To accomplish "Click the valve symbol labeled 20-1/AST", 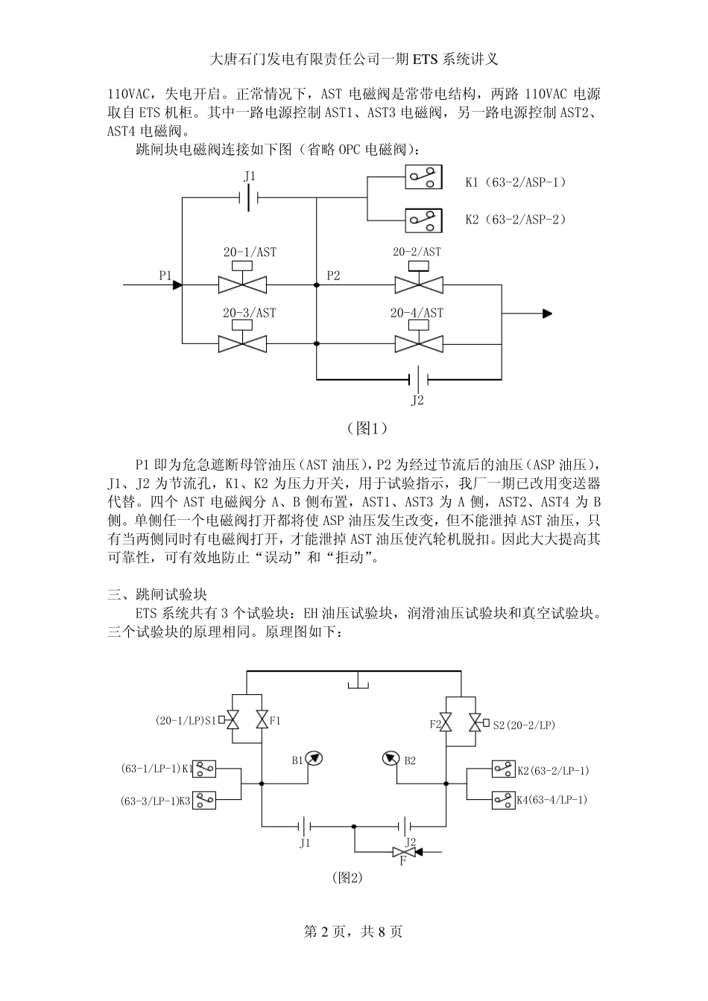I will (242, 284).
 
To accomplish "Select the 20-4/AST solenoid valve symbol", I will (418, 343).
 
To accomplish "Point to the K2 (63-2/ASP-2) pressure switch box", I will (423, 220).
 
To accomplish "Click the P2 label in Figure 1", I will (333, 276).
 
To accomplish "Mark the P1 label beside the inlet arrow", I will (165, 276).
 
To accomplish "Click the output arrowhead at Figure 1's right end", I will (547, 314).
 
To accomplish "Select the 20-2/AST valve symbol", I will (418, 284).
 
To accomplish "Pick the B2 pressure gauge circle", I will (391, 758).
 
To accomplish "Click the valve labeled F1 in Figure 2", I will (262, 720).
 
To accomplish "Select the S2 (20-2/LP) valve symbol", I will (474, 723).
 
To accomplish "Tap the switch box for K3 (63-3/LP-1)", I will (205, 801).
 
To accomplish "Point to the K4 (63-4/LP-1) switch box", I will (503, 800).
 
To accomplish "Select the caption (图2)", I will (347, 877).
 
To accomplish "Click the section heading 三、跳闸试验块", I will (157, 594).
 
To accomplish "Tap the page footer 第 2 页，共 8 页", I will (353, 932).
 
